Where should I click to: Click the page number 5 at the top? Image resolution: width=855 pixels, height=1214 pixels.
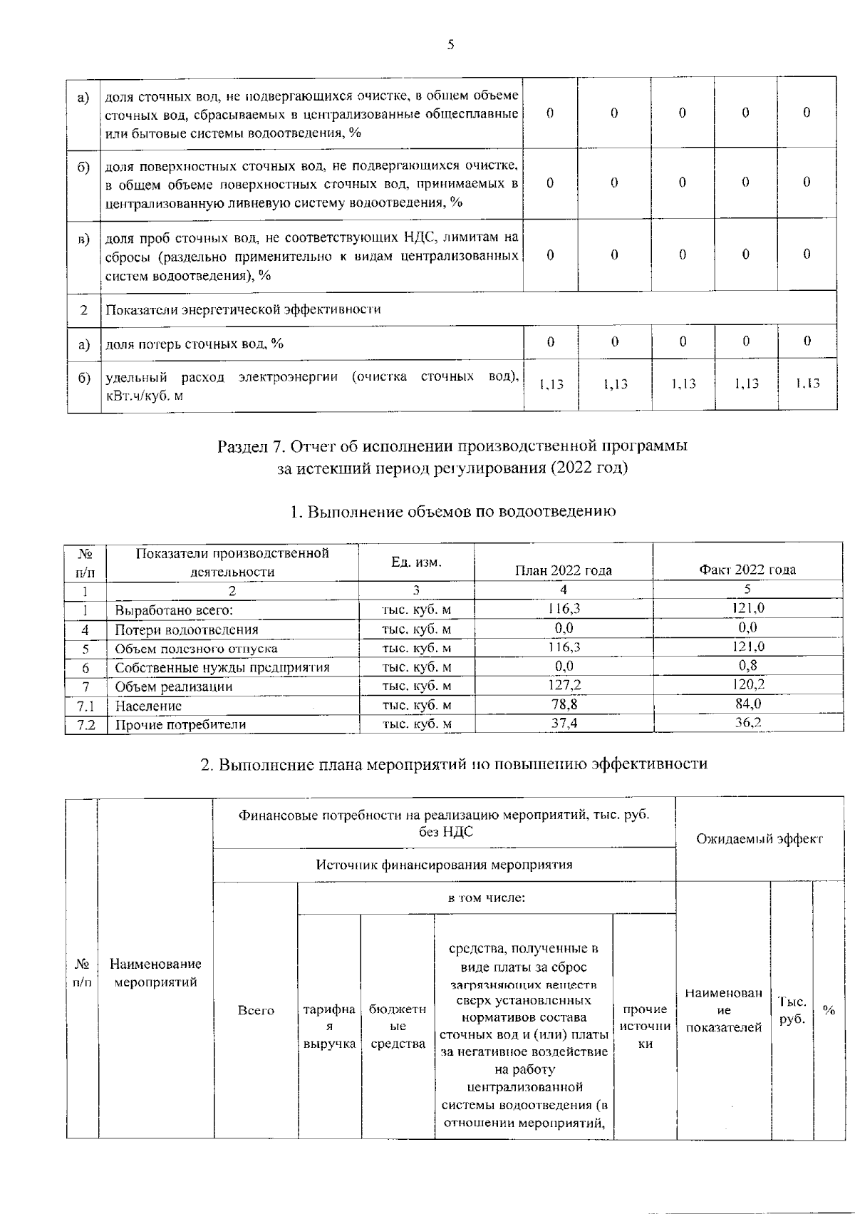[450, 46]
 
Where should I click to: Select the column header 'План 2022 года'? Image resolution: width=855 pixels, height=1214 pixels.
[563, 570]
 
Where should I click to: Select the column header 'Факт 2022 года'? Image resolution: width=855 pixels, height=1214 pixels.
[747, 570]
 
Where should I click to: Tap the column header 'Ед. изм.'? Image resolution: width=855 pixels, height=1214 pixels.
[416, 562]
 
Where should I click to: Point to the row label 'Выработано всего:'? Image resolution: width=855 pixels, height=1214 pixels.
[174, 610]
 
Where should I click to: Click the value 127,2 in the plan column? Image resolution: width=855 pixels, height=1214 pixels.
[563, 685]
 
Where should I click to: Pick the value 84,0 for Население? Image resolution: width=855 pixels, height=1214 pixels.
[747, 704]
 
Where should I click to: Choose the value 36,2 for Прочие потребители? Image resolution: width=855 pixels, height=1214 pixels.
[747, 723]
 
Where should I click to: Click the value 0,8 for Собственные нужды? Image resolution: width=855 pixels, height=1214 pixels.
[747, 666]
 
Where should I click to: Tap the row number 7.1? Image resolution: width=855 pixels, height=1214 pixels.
[85, 706]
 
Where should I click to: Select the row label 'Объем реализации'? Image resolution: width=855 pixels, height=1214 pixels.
[173, 686]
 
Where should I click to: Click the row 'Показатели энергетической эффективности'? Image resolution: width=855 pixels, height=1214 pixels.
[243, 309]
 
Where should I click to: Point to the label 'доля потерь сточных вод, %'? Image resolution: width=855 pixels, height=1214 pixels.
[195, 344]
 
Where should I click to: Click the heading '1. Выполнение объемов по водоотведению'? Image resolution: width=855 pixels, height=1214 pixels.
[453, 512]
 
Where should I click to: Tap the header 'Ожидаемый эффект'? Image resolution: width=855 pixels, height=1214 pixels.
[759, 839]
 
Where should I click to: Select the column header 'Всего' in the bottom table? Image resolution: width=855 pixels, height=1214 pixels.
[256, 1010]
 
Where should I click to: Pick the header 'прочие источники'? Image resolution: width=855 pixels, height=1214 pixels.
[644, 1027]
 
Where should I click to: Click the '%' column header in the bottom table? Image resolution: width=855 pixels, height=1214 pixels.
[828, 1010]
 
